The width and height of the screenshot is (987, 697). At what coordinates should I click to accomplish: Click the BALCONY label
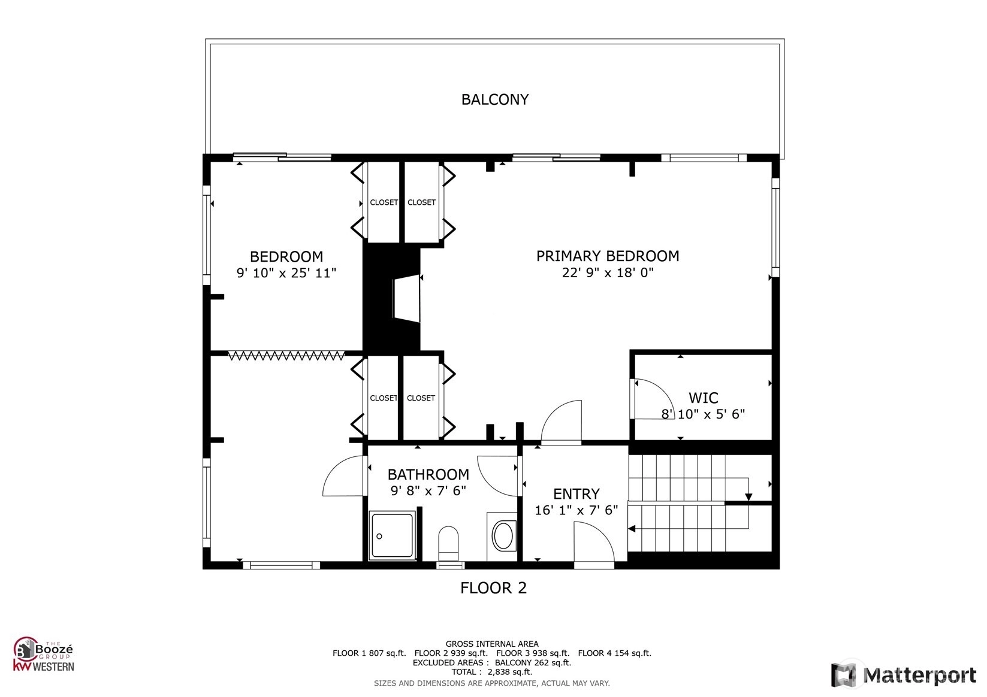click(x=495, y=99)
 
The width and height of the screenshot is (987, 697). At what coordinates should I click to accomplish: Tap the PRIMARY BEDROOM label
click(x=608, y=256)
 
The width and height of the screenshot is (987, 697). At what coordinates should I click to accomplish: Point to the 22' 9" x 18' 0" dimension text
click(x=608, y=272)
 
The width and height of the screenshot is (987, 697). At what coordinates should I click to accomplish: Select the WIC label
click(x=703, y=398)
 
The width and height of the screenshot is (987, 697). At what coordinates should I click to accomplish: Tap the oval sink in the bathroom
click(x=502, y=536)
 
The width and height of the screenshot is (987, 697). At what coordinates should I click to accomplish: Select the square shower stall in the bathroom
click(x=392, y=535)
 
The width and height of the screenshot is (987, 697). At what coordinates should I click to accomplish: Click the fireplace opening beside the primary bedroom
click(x=407, y=299)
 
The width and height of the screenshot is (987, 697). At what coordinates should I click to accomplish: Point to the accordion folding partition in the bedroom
click(x=286, y=355)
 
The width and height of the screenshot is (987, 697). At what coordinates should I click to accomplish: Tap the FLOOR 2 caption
click(x=494, y=588)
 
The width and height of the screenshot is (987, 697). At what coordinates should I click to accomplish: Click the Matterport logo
click(x=903, y=675)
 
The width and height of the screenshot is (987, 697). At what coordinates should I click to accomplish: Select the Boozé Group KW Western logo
click(x=43, y=654)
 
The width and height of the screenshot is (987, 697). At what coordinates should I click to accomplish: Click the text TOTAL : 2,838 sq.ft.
click(x=492, y=672)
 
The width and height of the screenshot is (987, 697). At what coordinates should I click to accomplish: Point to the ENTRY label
click(x=576, y=493)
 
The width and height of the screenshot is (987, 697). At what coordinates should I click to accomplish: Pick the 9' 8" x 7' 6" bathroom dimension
click(x=428, y=490)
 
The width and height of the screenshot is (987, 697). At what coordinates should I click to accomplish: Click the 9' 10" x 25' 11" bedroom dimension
click(x=286, y=273)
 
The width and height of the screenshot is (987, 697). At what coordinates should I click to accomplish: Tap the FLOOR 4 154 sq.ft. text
click(x=615, y=653)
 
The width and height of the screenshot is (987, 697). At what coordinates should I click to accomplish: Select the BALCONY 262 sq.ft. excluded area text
click(x=533, y=663)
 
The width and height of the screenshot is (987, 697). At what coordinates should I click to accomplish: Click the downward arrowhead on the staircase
click(x=748, y=497)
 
